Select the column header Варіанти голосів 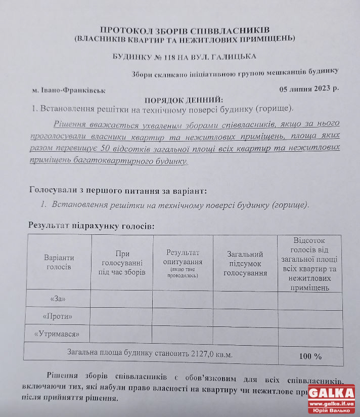pyautogui.click(x=59, y=262)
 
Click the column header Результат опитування pyautogui.click(x=183, y=262)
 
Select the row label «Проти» pyautogui.click(x=57, y=317)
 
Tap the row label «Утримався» pyautogui.click(x=57, y=334)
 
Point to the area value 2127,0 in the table pyautogui.click(x=204, y=354)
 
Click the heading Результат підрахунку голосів pyautogui.click(x=91, y=225)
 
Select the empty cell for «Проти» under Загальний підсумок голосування pyautogui.click(x=245, y=316)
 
